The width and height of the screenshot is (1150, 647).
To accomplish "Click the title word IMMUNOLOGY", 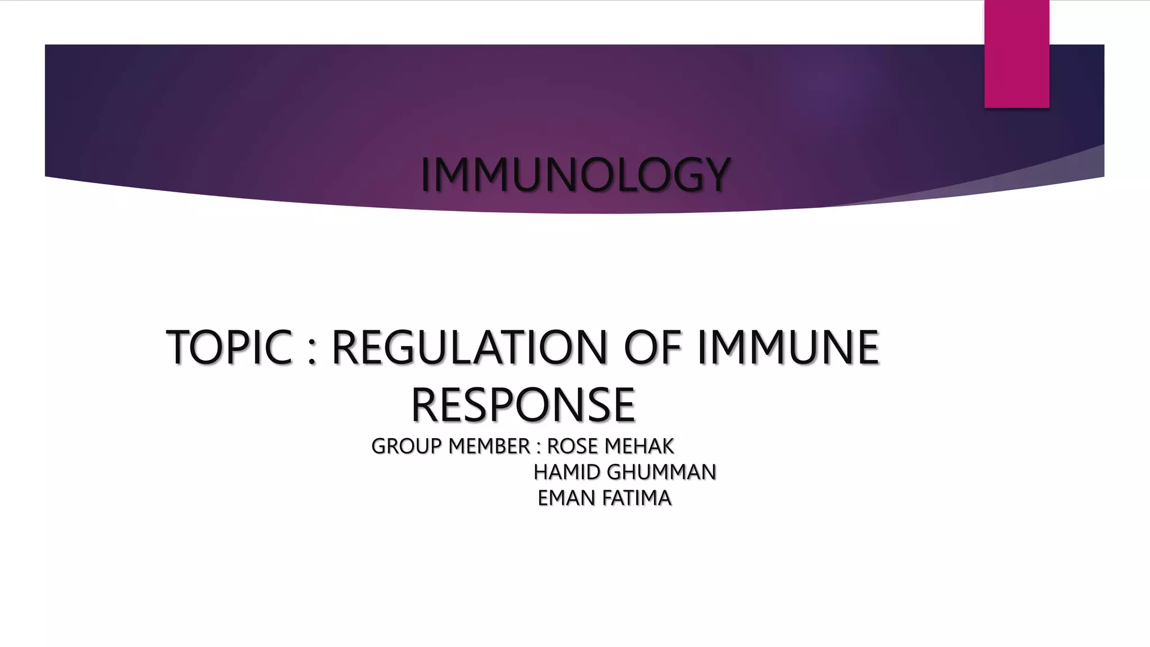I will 576,175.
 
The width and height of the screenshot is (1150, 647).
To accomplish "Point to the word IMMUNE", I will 787,347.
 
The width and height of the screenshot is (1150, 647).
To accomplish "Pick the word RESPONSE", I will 523,405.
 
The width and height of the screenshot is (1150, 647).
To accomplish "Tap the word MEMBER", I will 490,446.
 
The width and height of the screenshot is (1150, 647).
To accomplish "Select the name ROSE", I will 572,446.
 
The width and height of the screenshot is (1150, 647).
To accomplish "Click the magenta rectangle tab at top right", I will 1016,53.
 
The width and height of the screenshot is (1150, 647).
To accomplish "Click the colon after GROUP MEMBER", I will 539,448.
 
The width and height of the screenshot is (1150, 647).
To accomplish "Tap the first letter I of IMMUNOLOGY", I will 425,175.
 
